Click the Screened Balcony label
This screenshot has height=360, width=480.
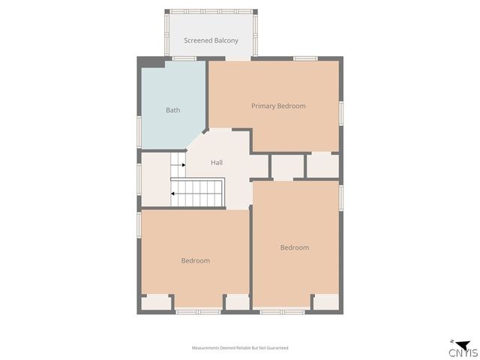click(211, 40)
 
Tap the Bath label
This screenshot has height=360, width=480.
click(172, 110)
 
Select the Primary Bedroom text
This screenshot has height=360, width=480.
click(278, 106)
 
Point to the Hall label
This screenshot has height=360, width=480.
click(217, 162)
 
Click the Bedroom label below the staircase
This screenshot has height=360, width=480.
click(195, 260)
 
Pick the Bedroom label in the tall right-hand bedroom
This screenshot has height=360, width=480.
click(295, 247)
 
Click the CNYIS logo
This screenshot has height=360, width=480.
click(460, 349)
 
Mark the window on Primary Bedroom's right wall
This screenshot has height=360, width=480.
click(341, 112)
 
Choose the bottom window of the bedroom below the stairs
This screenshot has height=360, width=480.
click(199, 310)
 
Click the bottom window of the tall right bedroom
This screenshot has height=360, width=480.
click(282, 310)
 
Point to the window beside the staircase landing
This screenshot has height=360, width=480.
click(139, 180)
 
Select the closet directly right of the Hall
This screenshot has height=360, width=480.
click(286, 166)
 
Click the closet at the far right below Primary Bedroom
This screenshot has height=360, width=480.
click(323, 164)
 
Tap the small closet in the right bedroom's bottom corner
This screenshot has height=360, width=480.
click(325, 301)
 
